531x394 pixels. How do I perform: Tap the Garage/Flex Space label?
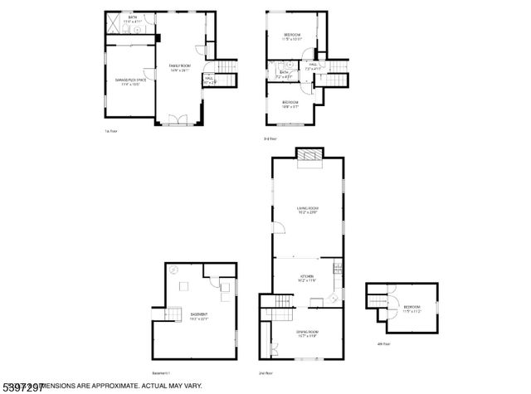[130, 80]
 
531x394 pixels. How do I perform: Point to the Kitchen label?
[308, 278]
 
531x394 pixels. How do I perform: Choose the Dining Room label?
[308, 333]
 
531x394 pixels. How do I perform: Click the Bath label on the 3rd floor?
[283, 73]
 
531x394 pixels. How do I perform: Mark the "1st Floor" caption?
[109, 131]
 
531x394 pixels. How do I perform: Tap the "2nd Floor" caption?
[265, 373]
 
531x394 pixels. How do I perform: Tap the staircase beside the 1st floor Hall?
[225, 68]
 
